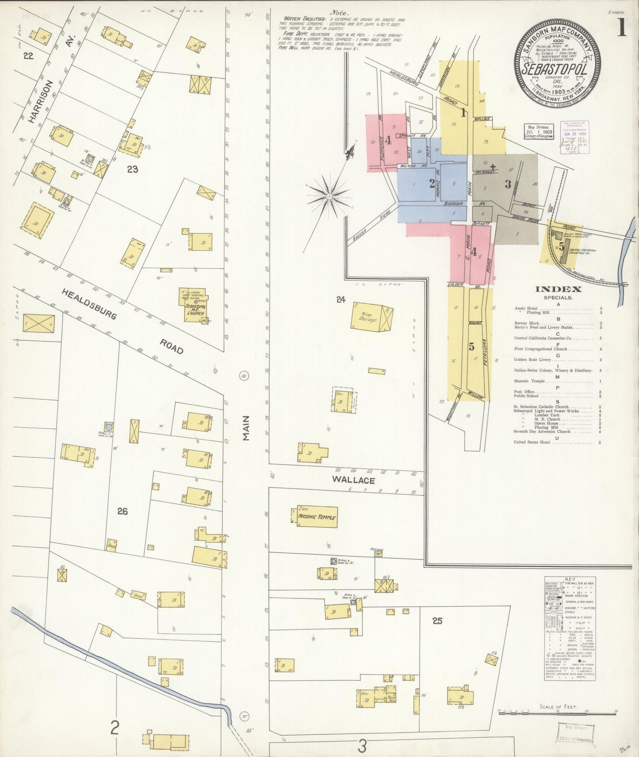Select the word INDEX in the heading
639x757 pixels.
pos(558,289)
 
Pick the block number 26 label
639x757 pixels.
pos(122,511)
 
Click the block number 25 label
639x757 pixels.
pos(437,621)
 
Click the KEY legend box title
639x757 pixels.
pos(570,579)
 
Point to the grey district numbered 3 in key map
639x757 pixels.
pos(508,184)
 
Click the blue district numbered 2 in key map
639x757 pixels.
pos(432,184)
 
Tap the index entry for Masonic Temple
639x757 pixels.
pos(529,381)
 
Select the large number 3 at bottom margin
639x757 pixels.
pos(363,746)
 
